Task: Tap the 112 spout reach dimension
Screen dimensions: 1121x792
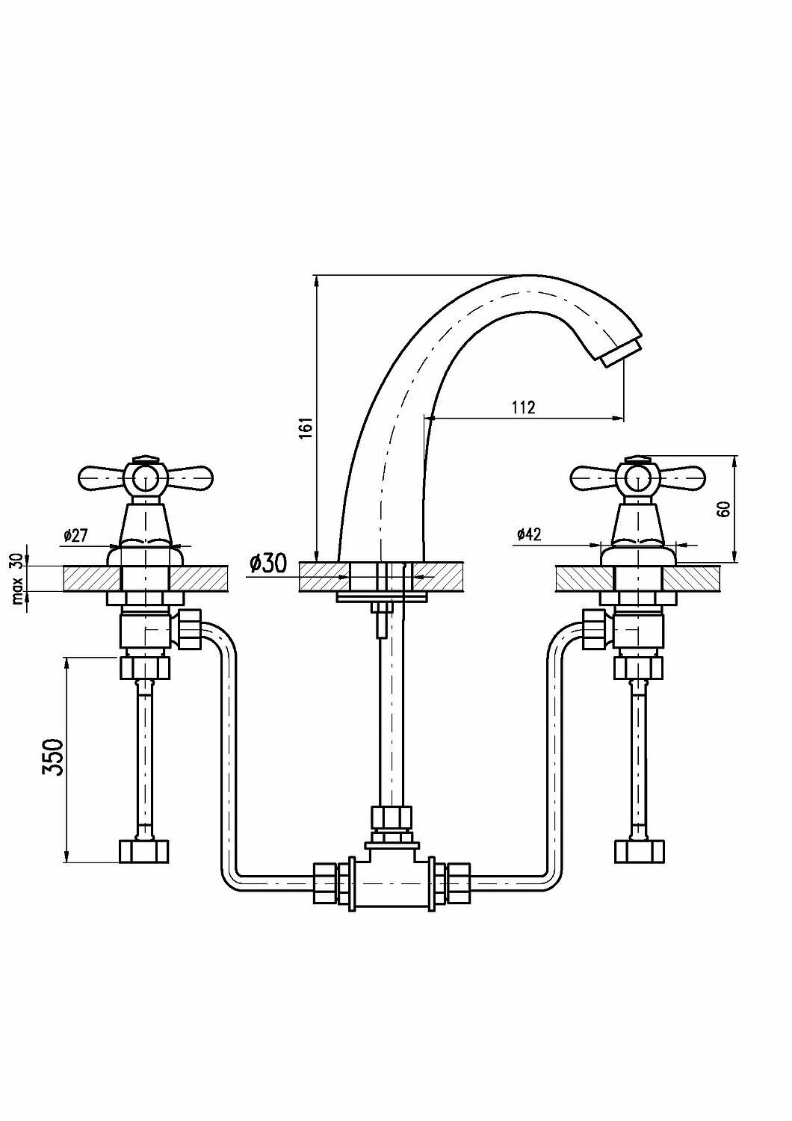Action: click(522, 407)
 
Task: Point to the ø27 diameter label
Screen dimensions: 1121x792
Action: click(76, 535)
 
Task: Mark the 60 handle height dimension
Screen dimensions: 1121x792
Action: click(723, 508)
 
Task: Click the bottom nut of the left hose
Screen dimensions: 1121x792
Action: click(144, 850)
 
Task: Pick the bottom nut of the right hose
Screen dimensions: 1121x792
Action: click(639, 850)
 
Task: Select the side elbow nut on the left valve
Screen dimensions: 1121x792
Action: click(191, 628)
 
